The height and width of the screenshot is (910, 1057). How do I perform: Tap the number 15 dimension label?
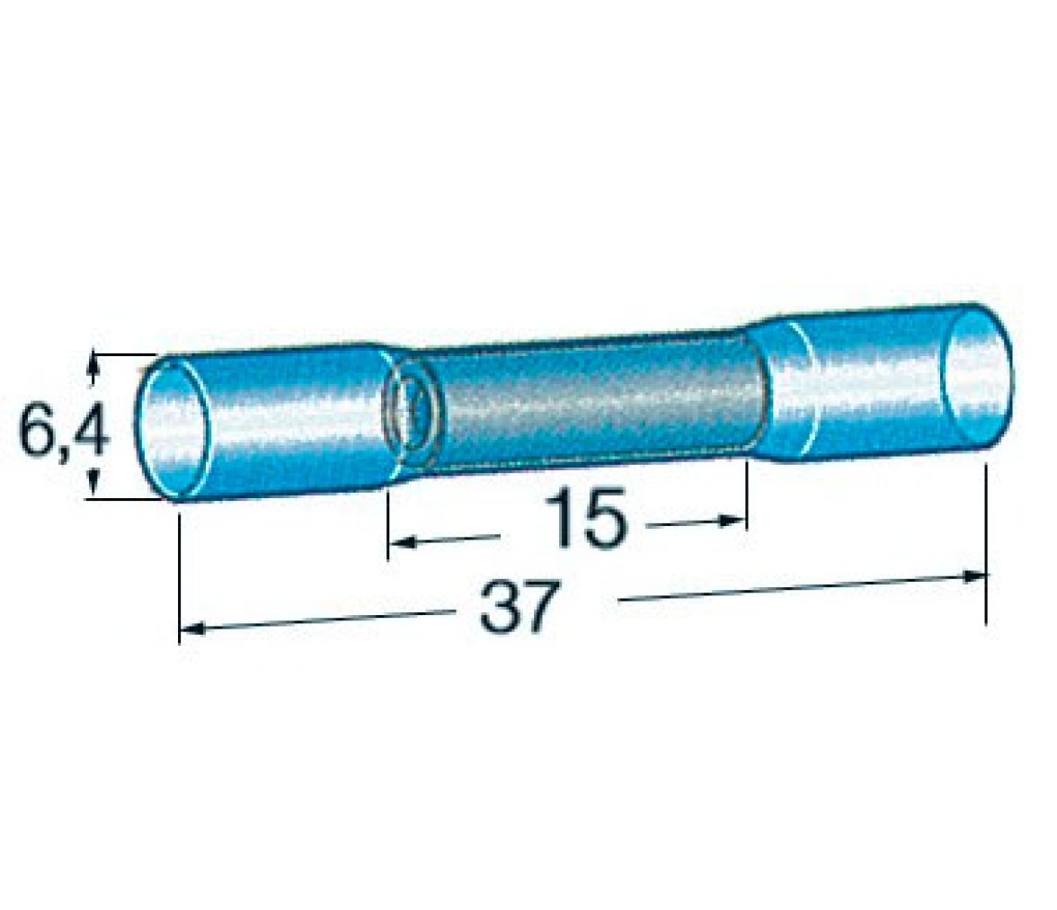click(585, 518)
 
